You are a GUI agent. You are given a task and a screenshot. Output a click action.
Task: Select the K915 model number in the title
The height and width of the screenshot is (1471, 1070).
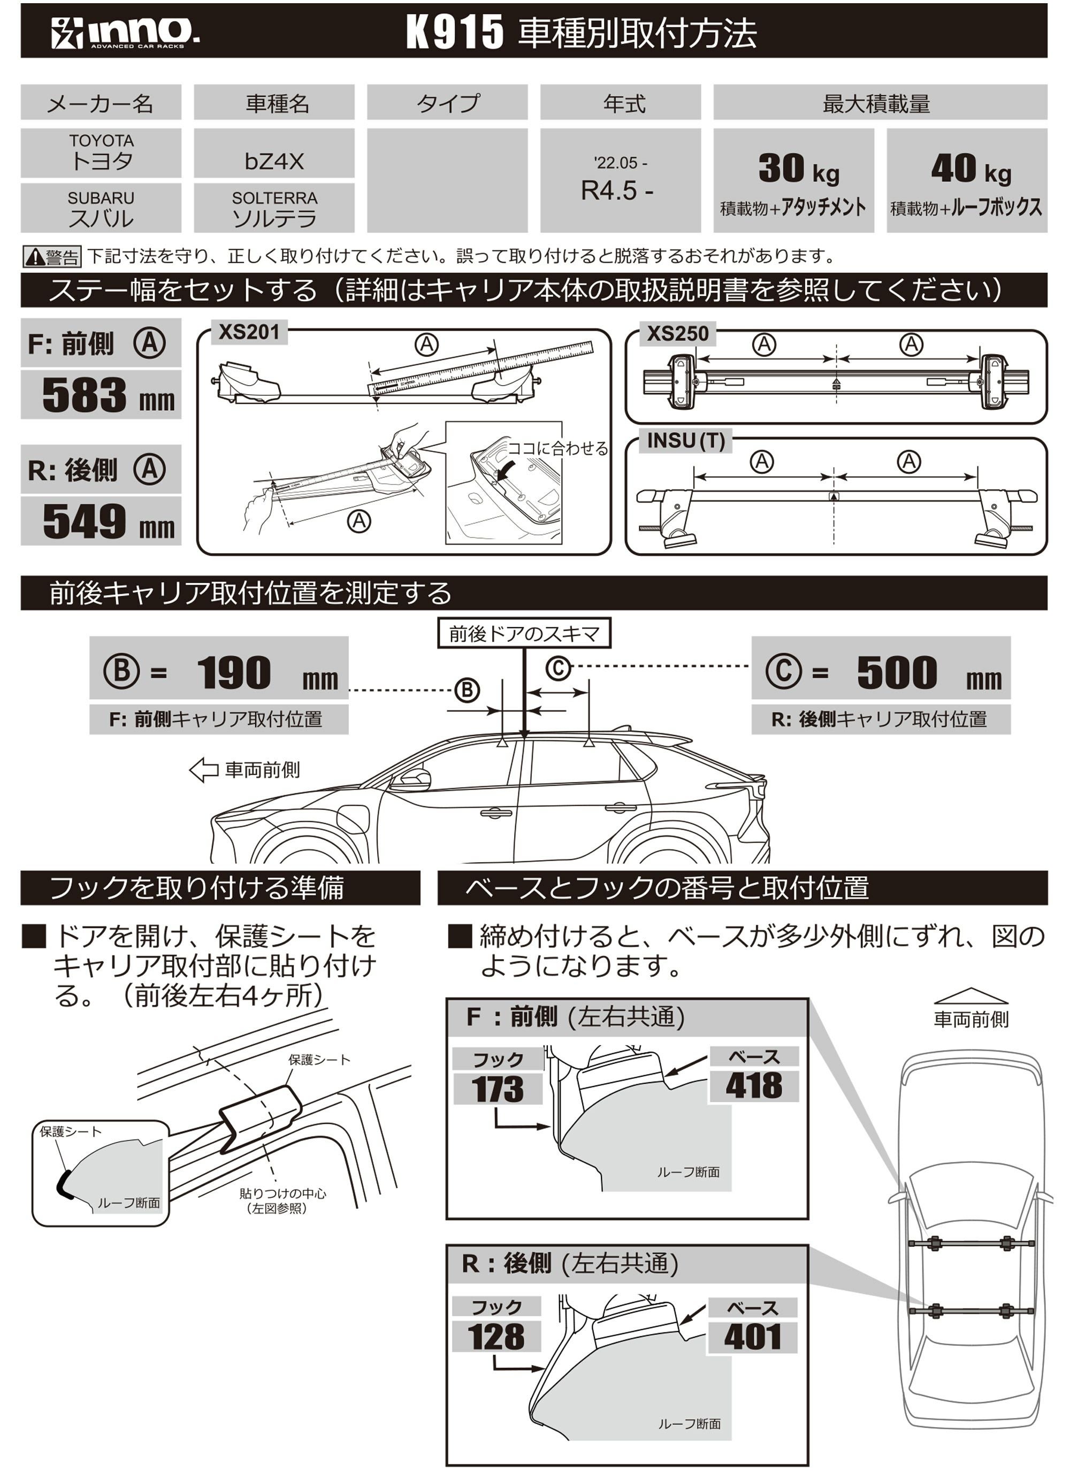(x=454, y=32)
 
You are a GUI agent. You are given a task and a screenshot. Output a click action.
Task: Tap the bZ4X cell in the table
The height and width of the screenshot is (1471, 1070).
(x=274, y=161)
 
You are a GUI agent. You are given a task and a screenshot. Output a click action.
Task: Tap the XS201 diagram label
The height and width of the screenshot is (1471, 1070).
(x=249, y=333)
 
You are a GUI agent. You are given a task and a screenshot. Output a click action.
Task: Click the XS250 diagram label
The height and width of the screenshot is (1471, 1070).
(x=677, y=333)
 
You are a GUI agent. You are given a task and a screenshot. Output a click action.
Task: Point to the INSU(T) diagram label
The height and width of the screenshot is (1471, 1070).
(x=685, y=441)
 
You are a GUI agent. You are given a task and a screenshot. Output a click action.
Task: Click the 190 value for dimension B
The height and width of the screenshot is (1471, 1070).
(x=234, y=673)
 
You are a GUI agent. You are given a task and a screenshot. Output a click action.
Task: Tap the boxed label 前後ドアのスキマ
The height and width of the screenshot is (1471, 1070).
(x=523, y=634)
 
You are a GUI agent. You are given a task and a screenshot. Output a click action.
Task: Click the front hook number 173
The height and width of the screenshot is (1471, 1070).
(x=497, y=1090)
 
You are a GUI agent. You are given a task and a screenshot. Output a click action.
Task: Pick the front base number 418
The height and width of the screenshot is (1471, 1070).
(x=753, y=1086)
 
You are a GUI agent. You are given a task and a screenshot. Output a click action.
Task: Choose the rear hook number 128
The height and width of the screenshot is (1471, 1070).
(x=496, y=1337)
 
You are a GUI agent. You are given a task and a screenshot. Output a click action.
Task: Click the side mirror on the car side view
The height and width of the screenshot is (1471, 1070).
(x=414, y=778)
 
